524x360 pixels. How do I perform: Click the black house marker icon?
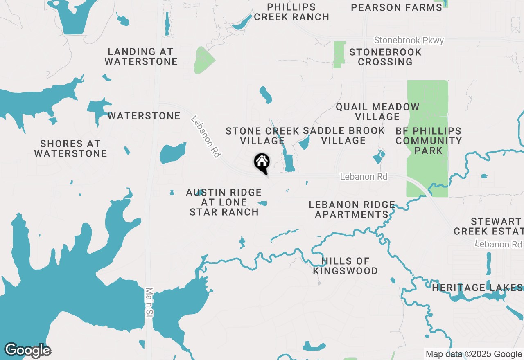(262, 163)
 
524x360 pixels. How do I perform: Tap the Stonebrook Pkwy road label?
(409, 40)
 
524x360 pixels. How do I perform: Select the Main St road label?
(149, 302)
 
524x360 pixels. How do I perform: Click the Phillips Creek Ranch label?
(291, 12)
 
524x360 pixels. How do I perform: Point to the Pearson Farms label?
(396, 7)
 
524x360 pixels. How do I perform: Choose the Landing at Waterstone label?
(141, 57)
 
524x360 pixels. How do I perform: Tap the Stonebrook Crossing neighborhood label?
(385, 57)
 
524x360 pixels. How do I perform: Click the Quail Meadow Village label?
(377, 112)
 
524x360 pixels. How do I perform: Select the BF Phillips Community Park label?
(429, 141)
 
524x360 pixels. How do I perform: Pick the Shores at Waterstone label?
(70, 148)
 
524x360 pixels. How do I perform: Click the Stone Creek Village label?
(262, 136)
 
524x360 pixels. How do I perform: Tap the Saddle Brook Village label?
(344, 135)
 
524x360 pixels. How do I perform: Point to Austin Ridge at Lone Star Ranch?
(224, 202)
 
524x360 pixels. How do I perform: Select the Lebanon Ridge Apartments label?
(352, 209)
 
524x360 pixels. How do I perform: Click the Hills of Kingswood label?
(346, 266)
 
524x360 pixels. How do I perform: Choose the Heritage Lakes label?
(477, 288)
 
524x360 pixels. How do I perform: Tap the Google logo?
(27, 351)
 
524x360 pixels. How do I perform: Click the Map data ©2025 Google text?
(474, 354)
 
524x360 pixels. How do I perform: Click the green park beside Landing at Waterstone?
(203, 61)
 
